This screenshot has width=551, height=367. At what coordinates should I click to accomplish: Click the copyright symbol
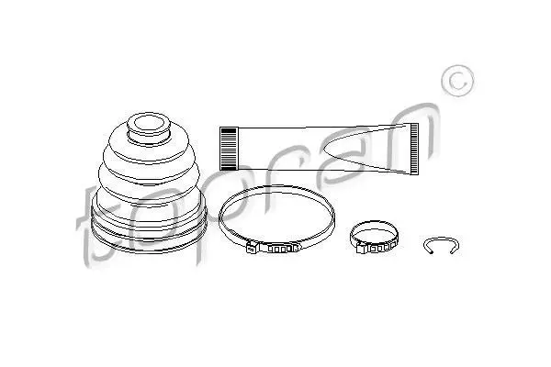tap(457, 81)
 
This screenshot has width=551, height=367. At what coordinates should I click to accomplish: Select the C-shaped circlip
tap(441, 239)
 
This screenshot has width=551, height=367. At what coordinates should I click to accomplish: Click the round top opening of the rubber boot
tap(149, 124)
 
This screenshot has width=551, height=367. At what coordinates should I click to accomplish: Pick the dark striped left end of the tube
tap(229, 149)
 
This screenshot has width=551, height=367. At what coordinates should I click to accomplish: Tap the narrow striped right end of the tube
tap(414, 149)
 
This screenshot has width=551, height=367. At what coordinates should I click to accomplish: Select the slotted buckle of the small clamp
tap(380, 246)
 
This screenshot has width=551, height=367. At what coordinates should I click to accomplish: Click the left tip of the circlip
tap(432, 251)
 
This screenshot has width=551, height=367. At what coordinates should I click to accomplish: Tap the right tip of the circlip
tap(452, 251)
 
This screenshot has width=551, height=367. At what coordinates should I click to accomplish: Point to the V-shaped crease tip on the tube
tap(323, 150)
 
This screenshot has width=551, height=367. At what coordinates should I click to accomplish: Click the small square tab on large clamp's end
tap(251, 249)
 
